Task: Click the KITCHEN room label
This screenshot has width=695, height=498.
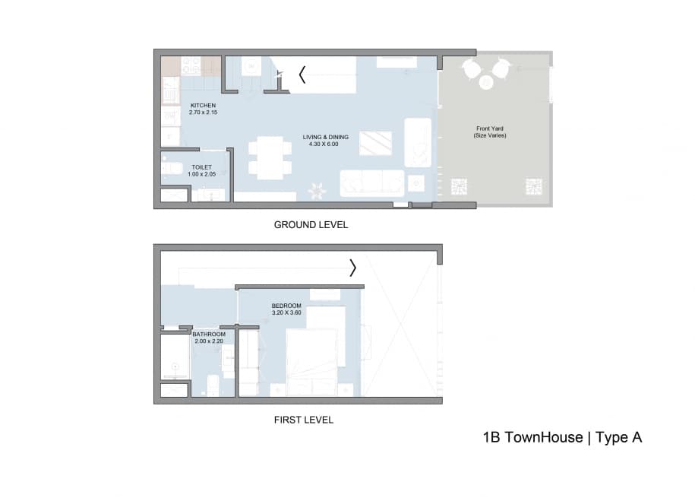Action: point(203,105)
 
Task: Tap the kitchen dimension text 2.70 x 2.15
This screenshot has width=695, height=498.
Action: point(203,113)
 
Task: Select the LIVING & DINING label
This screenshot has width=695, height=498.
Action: point(325,137)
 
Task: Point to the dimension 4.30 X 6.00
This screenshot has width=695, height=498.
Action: point(325,144)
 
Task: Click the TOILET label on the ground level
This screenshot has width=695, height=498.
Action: point(201,167)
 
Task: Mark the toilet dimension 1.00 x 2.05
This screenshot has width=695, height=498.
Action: point(201,174)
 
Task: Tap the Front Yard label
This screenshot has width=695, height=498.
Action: point(490,128)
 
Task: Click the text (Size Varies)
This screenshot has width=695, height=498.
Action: point(490,135)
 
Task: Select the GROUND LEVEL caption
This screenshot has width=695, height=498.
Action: point(311,225)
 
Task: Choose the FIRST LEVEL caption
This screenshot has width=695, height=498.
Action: point(303,420)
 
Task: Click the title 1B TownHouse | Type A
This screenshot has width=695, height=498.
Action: point(562,437)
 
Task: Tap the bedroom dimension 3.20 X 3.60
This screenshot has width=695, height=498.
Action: point(286,312)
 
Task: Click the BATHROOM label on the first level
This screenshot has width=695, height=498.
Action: point(208,334)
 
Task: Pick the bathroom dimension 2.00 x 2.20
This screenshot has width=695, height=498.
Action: point(208,341)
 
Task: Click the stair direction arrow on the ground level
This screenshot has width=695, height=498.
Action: point(302,75)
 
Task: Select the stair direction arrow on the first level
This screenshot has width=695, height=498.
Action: point(352,268)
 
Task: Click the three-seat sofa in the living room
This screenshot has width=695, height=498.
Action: point(372,182)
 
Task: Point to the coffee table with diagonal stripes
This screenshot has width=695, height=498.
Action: point(375,143)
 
